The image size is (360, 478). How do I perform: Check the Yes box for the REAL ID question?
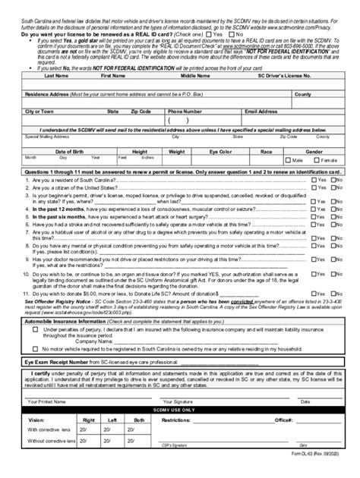click(x=208, y=34)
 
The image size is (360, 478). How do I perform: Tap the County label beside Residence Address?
click(x=324, y=94)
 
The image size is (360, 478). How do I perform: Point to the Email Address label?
click(x=260, y=111)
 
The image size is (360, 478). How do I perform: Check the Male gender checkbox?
click(x=287, y=161)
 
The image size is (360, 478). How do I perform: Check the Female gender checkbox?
click(x=317, y=161)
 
